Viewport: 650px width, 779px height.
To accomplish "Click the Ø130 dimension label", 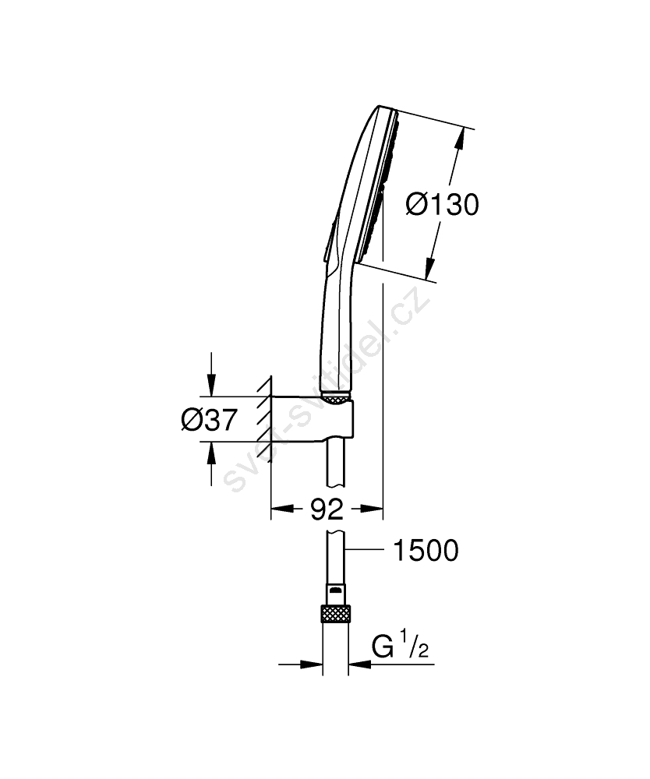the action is click(x=442, y=205).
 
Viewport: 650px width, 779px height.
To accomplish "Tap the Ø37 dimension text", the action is click(x=209, y=421).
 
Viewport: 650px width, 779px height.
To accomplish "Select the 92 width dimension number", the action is click(x=327, y=509).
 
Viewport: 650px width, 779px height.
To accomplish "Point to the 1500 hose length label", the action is click(x=426, y=551).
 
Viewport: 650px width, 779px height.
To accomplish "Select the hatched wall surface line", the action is click(x=270, y=418).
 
